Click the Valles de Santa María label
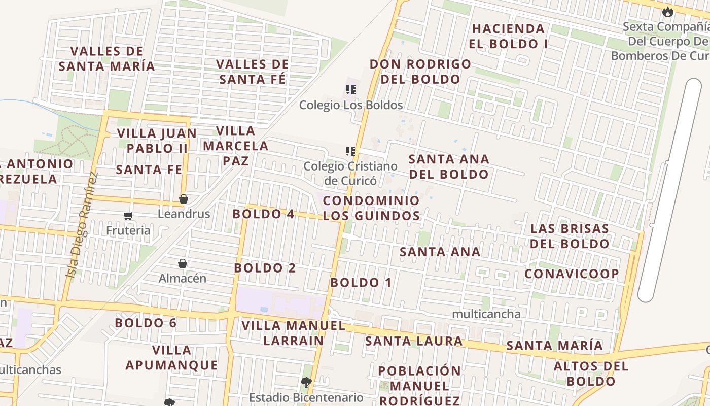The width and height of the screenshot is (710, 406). coord(106,59)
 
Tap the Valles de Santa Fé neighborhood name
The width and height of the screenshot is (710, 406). coord(253,72)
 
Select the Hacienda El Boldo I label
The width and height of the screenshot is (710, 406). coord(508,36)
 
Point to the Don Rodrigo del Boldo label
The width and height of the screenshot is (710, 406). coord(420,72)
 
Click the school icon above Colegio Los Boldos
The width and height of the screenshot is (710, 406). coord(350,90)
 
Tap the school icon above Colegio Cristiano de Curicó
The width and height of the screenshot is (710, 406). coord(350,151)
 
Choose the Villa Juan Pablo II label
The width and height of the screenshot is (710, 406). coord(157,141)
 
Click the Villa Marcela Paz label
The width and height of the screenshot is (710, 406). coord(236,146)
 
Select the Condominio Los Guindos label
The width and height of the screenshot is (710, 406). coord(371,208)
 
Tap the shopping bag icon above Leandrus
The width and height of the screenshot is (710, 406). coord(184,199)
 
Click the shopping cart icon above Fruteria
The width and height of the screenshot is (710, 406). coord(128,216)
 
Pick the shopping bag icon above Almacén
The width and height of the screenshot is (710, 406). coord(183,263)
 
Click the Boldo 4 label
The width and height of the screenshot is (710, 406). coord(263,214)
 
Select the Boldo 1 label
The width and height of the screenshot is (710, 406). coord(361,283)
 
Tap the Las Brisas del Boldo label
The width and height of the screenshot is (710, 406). coord(570,236)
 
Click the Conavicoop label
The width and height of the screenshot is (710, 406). coord(572,274)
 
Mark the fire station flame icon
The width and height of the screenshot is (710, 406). coord(667,11)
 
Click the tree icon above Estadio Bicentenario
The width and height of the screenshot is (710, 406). coord(306,382)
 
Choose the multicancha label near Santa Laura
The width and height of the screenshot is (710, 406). coord(486,314)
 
